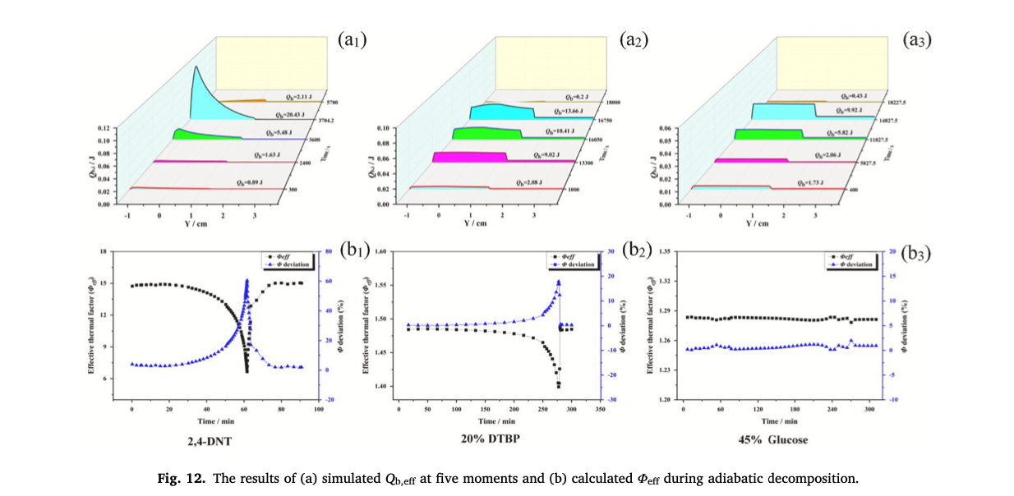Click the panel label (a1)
351,39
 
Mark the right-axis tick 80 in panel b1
329,251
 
